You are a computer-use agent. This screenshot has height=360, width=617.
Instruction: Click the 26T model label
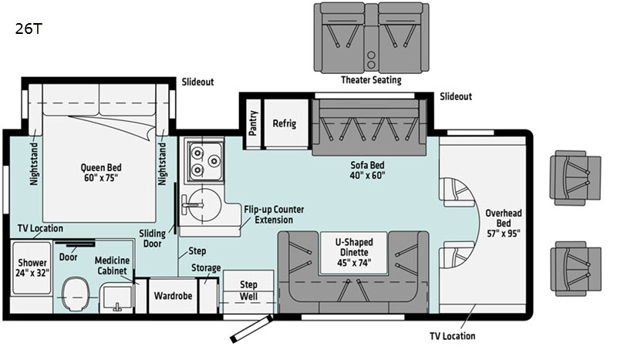click(x=29, y=29)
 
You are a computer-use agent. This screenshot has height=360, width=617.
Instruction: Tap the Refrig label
click(x=285, y=123)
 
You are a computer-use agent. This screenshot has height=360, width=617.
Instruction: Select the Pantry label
click(x=253, y=123)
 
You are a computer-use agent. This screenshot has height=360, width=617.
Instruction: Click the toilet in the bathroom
click(x=76, y=294)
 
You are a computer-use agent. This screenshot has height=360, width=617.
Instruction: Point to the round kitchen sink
click(x=202, y=204)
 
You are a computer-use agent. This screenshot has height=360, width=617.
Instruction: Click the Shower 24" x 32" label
click(x=32, y=267)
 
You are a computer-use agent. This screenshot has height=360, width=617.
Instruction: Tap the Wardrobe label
click(x=173, y=296)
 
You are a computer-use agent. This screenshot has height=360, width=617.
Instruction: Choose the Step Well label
click(x=248, y=291)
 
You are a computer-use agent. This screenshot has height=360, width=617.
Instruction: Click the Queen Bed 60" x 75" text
click(x=101, y=173)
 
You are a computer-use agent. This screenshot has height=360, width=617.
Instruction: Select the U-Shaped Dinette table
click(x=354, y=253)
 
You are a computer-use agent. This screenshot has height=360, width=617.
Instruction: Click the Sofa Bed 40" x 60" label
click(x=368, y=170)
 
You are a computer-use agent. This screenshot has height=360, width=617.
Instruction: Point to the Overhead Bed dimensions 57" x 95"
click(x=504, y=234)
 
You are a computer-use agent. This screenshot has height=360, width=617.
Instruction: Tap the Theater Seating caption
click(x=371, y=80)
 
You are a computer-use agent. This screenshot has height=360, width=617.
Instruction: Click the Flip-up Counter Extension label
click(x=274, y=214)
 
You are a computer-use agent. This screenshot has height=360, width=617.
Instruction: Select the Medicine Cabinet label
click(x=112, y=266)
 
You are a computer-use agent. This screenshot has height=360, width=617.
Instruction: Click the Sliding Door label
click(x=152, y=238)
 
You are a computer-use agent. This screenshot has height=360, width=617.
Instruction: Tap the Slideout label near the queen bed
click(x=197, y=82)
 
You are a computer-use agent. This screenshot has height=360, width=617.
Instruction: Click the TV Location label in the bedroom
click(x=40, y=228)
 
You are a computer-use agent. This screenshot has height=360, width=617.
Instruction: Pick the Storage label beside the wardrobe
click(x=206, y=268)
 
